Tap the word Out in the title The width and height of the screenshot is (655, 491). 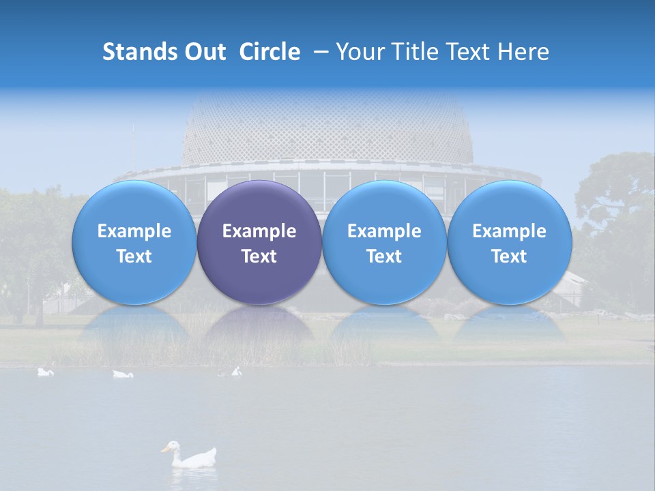click(x=203, y=52)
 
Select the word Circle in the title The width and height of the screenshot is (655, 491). click(x=270, y=52)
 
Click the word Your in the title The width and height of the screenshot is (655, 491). click(x=358, y=52)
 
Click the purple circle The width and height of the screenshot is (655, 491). click(x=259, y=242)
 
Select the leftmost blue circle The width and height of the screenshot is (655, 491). click(x=134, y=242)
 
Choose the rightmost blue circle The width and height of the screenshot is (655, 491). click(x=509, y=242)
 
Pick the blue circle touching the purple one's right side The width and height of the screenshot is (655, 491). click(x=384, y=242)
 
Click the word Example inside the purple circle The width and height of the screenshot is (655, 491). click(x=259, y=231)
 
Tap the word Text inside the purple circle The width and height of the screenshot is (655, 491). click(x=259, y=256)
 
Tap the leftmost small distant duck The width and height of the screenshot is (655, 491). click(x=45, y=372)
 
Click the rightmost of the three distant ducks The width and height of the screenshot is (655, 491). click(x=235, y=372)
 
